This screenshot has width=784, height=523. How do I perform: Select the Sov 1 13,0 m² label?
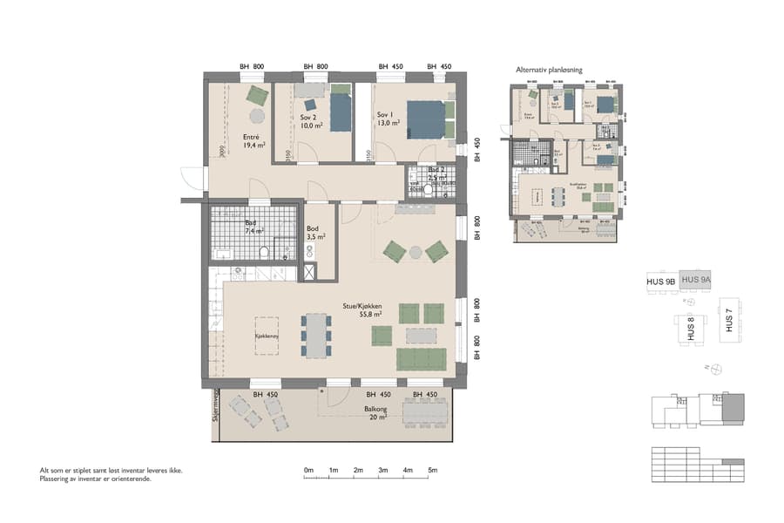389,119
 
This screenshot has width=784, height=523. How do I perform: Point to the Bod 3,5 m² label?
315,232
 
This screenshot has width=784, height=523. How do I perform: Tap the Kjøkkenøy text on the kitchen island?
266,335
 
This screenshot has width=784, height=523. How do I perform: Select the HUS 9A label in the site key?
696,280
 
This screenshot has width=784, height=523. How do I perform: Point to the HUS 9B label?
661,282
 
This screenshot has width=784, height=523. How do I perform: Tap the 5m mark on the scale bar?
432,471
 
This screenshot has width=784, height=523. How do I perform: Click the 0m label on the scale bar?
308,471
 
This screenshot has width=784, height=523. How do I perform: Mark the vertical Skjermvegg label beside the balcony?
214,406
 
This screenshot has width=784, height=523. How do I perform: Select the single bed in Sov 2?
340,112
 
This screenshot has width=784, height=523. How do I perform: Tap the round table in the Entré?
257,116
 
